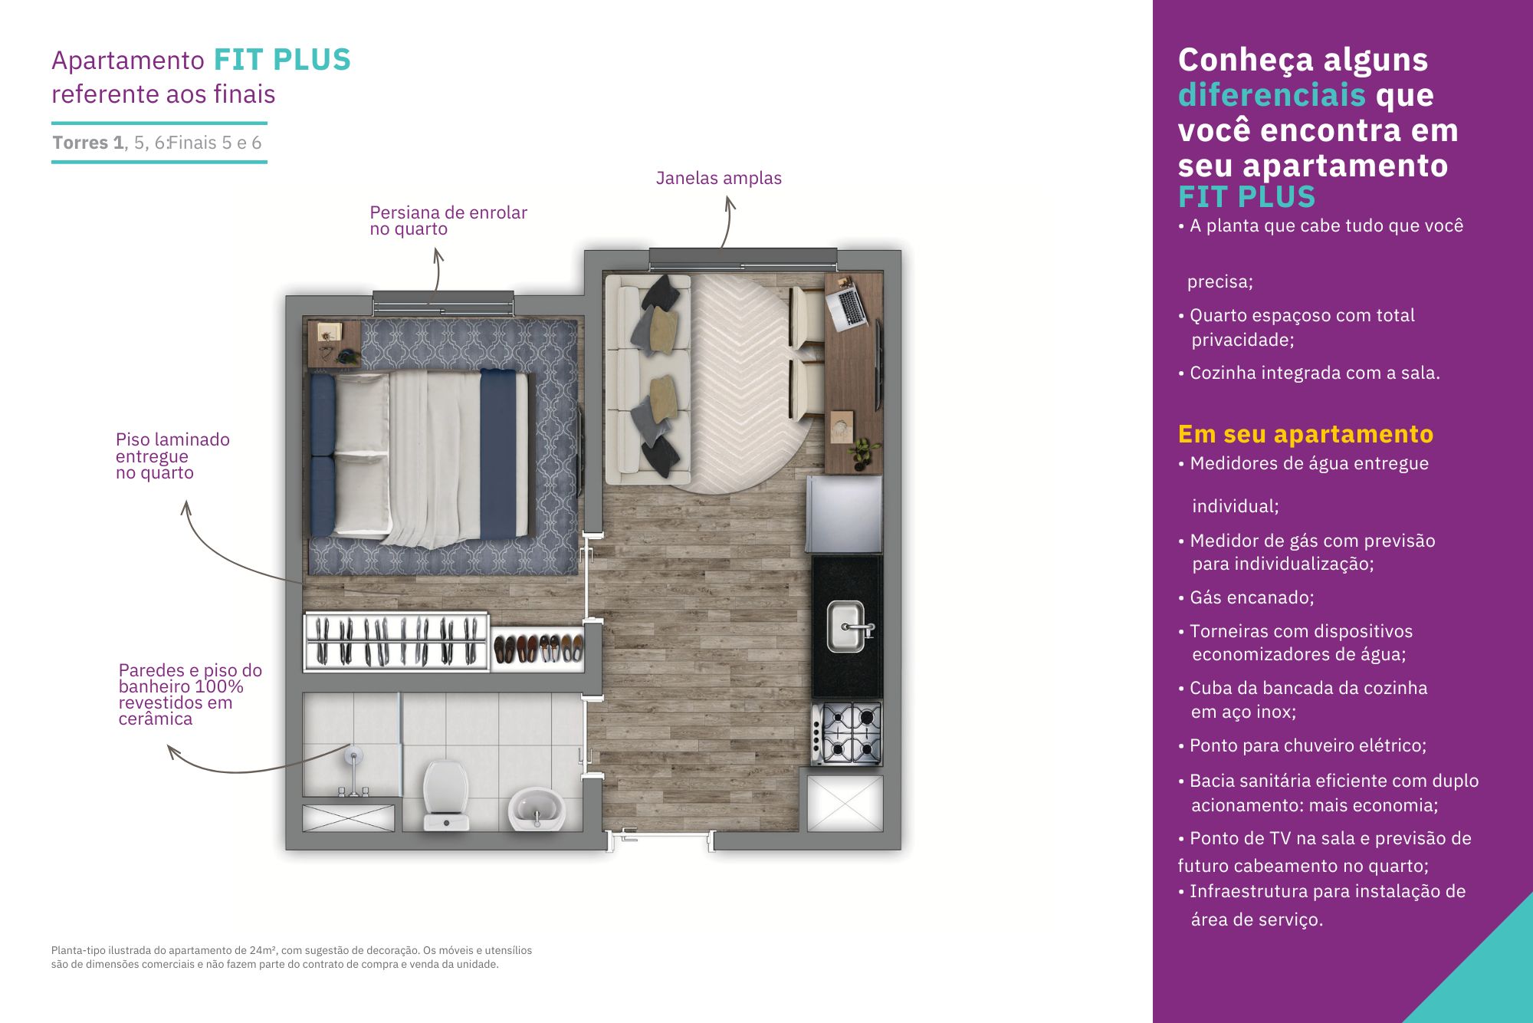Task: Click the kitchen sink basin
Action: tap(845, 626)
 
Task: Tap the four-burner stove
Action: tap(847, 734)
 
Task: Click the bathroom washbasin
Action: tap(536, 809)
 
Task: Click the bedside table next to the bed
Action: tap(334, 344)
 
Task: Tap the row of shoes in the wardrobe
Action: tap(537, 649)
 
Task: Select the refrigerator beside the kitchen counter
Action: tap(844, 514)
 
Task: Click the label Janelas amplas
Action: tap(719, 178)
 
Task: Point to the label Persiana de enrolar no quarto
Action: tap(448, 220)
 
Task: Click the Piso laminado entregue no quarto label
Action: tap(172, 456)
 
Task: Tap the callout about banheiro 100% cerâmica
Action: tap(190, 694)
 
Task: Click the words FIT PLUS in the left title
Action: tap(282, 60)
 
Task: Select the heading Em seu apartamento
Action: tap(1305, 434)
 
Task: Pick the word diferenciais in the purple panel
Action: tap(1272, 95)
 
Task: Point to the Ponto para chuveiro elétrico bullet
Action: tap(1302, 745)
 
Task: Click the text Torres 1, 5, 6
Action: tap(110, 143)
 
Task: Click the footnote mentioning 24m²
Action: tap(292, 957)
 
